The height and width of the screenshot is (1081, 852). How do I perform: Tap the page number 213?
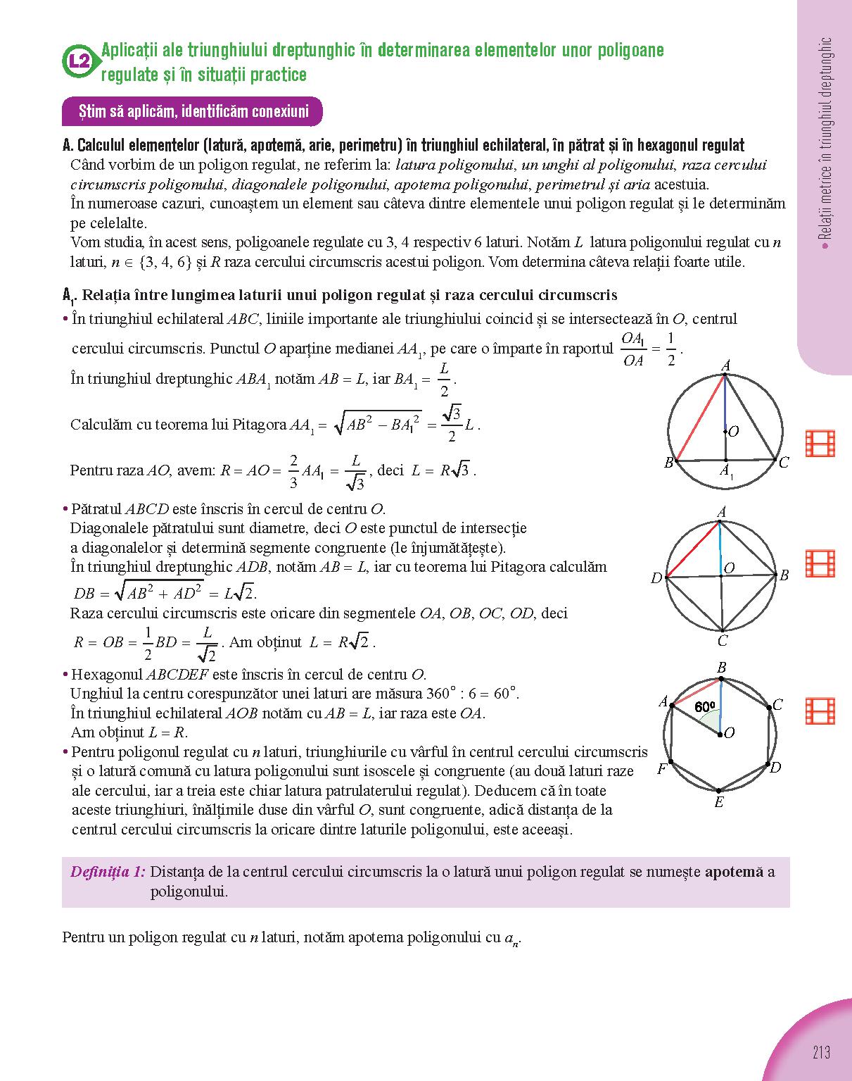[820, 1053]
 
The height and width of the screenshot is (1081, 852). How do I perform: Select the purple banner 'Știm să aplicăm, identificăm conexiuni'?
[192, 111]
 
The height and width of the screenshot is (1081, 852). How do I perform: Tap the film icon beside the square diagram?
[820, 564]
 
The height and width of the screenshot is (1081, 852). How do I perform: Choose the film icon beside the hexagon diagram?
[820, 711]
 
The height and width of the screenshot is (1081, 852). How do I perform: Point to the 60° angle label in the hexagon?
[704, 706]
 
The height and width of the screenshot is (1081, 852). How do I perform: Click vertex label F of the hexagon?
[661, 769]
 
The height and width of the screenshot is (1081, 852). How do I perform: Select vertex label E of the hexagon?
[718, 803]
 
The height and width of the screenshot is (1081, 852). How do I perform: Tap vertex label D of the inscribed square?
[656, 578]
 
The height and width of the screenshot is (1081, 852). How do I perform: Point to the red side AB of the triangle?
[696, 419]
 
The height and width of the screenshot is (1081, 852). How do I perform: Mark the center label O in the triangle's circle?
[733, 432]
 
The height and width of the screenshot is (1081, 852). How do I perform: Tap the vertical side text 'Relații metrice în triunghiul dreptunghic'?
[826, 141]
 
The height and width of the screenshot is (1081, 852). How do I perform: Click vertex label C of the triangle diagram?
[784, 463]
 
